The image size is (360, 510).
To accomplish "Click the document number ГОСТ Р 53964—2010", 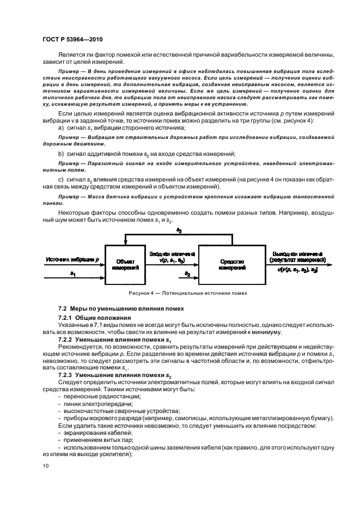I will coord(72,39).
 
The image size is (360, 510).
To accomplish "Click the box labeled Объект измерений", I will coord(125,264).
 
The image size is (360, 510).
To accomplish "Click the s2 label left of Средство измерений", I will coord(187,273).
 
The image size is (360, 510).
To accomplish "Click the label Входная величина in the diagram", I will coord(169,254).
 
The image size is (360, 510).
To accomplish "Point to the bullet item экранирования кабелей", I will coord(90,432).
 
